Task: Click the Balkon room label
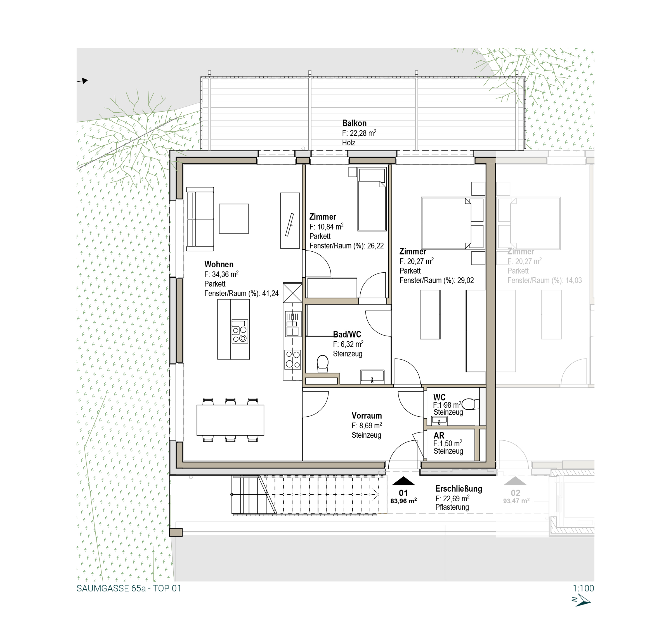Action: click(x=354, y=123)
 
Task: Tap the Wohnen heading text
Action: click(x=219, y=264)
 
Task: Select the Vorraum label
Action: click(x=367, y=416)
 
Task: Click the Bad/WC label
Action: click(x=347, y=334)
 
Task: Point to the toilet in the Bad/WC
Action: click(x=322, y=364)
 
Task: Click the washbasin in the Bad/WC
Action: click(x=372, y=376)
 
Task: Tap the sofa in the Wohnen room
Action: click(x=200, y=219)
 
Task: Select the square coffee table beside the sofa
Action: click(x=234, y=218)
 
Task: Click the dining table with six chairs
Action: click(x=230, y=420)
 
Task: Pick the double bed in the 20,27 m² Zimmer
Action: click(x=452, y=223)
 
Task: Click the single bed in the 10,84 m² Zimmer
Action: click(x=372, y=200)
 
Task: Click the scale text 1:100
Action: click(x=583, y=588)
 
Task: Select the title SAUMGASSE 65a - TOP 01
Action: click(x=129, y=589)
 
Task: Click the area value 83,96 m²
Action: click(x=403, y=501)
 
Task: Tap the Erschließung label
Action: click(x=459, y=489)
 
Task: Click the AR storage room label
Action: click(x=439, y=436)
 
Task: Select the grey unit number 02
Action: click(x=515, y=493)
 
